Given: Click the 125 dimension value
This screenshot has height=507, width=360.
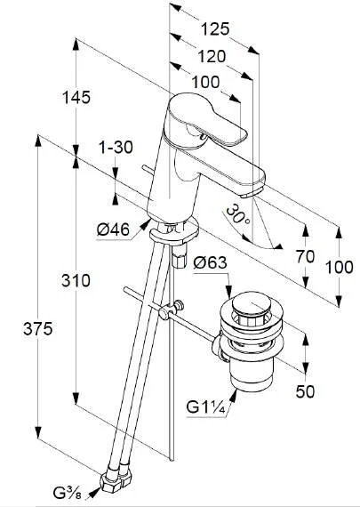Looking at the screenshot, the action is (215, 29).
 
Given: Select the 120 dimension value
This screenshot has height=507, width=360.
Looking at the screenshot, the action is (212, 57).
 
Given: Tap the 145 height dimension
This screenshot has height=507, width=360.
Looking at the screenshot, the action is (76, 97).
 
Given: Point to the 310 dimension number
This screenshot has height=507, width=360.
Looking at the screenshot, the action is (76, 280).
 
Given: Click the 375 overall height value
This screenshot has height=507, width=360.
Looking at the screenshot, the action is (37, 329).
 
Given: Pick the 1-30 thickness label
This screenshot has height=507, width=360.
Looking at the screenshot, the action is (116, 148).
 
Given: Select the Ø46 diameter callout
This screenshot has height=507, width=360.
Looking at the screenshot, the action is (113, 229).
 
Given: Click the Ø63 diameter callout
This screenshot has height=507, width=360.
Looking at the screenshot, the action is (210, 262).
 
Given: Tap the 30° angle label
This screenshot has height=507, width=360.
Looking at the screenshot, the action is (237, 215).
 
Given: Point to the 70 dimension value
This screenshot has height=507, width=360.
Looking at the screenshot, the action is (305, 257).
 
